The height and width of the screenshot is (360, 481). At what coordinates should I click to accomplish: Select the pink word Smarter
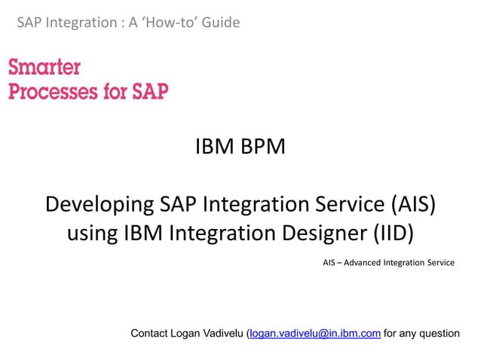pyautogui.click(x=44, y=68)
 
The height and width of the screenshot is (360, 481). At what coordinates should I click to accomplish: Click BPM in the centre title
pyautogui.click(x=263, y=146)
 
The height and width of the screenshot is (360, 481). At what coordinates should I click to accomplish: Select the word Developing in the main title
pyautogui.click(x=100, y=205)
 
